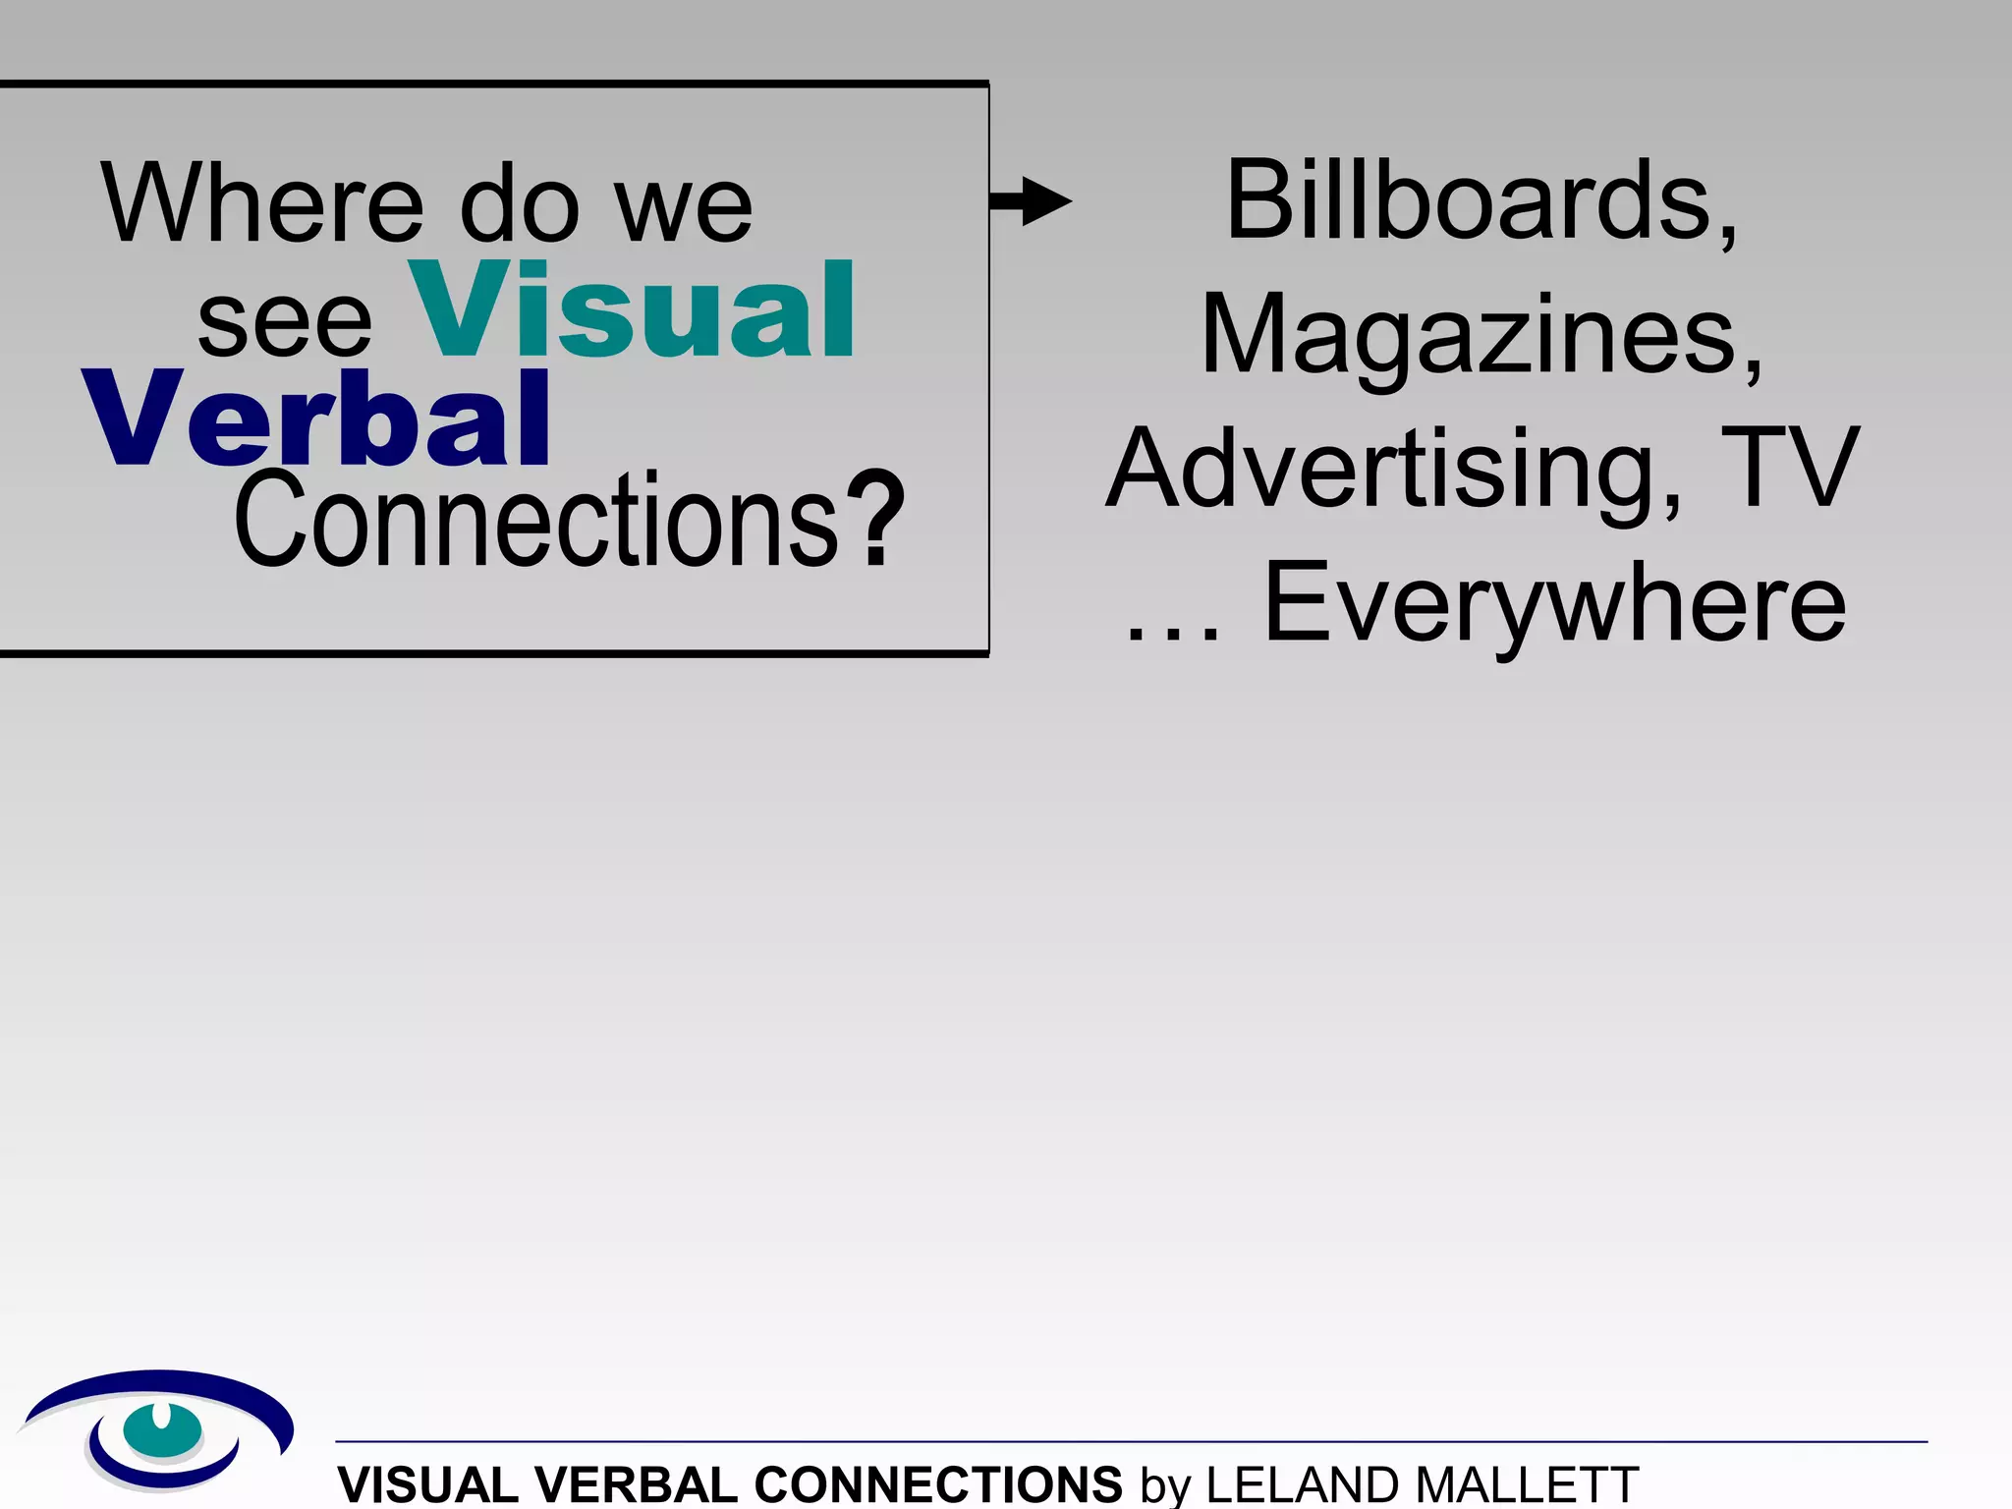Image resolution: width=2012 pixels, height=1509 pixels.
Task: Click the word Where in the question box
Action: coord(262,203)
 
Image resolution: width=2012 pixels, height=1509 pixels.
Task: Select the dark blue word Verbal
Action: coord(317,419)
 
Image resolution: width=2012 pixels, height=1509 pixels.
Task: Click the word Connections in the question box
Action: coord(536,521)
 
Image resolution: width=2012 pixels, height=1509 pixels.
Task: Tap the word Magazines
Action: coord(1481,336)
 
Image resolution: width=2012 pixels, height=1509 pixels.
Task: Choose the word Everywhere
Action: coord(1554,603)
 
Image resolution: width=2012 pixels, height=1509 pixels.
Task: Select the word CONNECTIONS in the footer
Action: coord(938,1483)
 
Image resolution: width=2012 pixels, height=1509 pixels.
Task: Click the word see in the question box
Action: coord(285,324)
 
